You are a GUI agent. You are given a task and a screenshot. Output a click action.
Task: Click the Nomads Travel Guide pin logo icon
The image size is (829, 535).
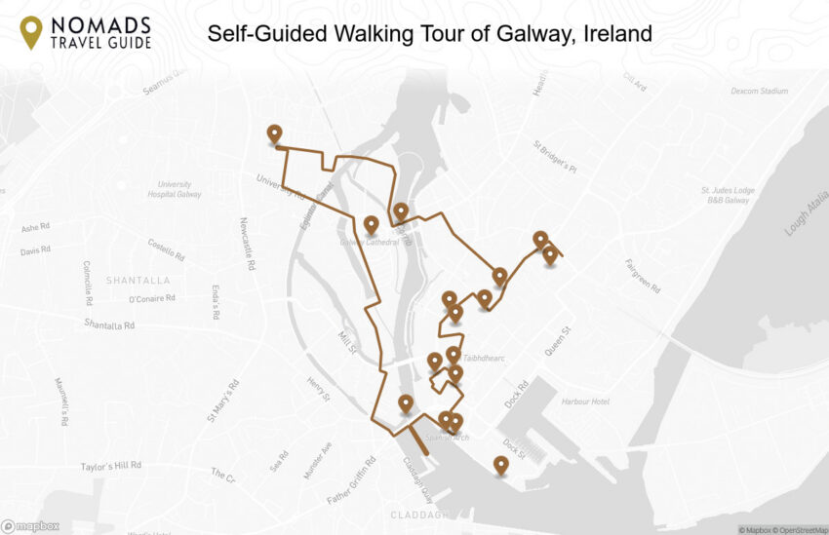31,31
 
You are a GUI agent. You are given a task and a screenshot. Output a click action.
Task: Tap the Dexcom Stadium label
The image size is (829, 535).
759,92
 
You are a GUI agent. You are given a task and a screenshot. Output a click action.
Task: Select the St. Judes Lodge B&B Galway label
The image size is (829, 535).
725,195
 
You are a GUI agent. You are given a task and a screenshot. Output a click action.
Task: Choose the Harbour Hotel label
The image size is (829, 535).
585,401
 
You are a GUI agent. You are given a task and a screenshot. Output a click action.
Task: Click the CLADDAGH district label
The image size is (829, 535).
419,515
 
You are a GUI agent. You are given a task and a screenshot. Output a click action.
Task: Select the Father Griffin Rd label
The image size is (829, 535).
351,480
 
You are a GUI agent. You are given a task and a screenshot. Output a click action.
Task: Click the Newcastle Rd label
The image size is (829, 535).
247,244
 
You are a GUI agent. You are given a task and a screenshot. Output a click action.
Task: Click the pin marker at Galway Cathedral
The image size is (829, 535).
371,225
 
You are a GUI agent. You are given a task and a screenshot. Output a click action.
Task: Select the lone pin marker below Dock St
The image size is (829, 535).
500,465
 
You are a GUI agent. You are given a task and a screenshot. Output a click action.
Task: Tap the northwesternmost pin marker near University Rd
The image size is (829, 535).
274,134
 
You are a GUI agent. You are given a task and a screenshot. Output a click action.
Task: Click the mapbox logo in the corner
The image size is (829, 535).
30,526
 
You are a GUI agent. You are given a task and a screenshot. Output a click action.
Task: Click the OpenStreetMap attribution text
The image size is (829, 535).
798,530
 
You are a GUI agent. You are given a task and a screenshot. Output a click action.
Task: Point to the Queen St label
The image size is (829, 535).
558,342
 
